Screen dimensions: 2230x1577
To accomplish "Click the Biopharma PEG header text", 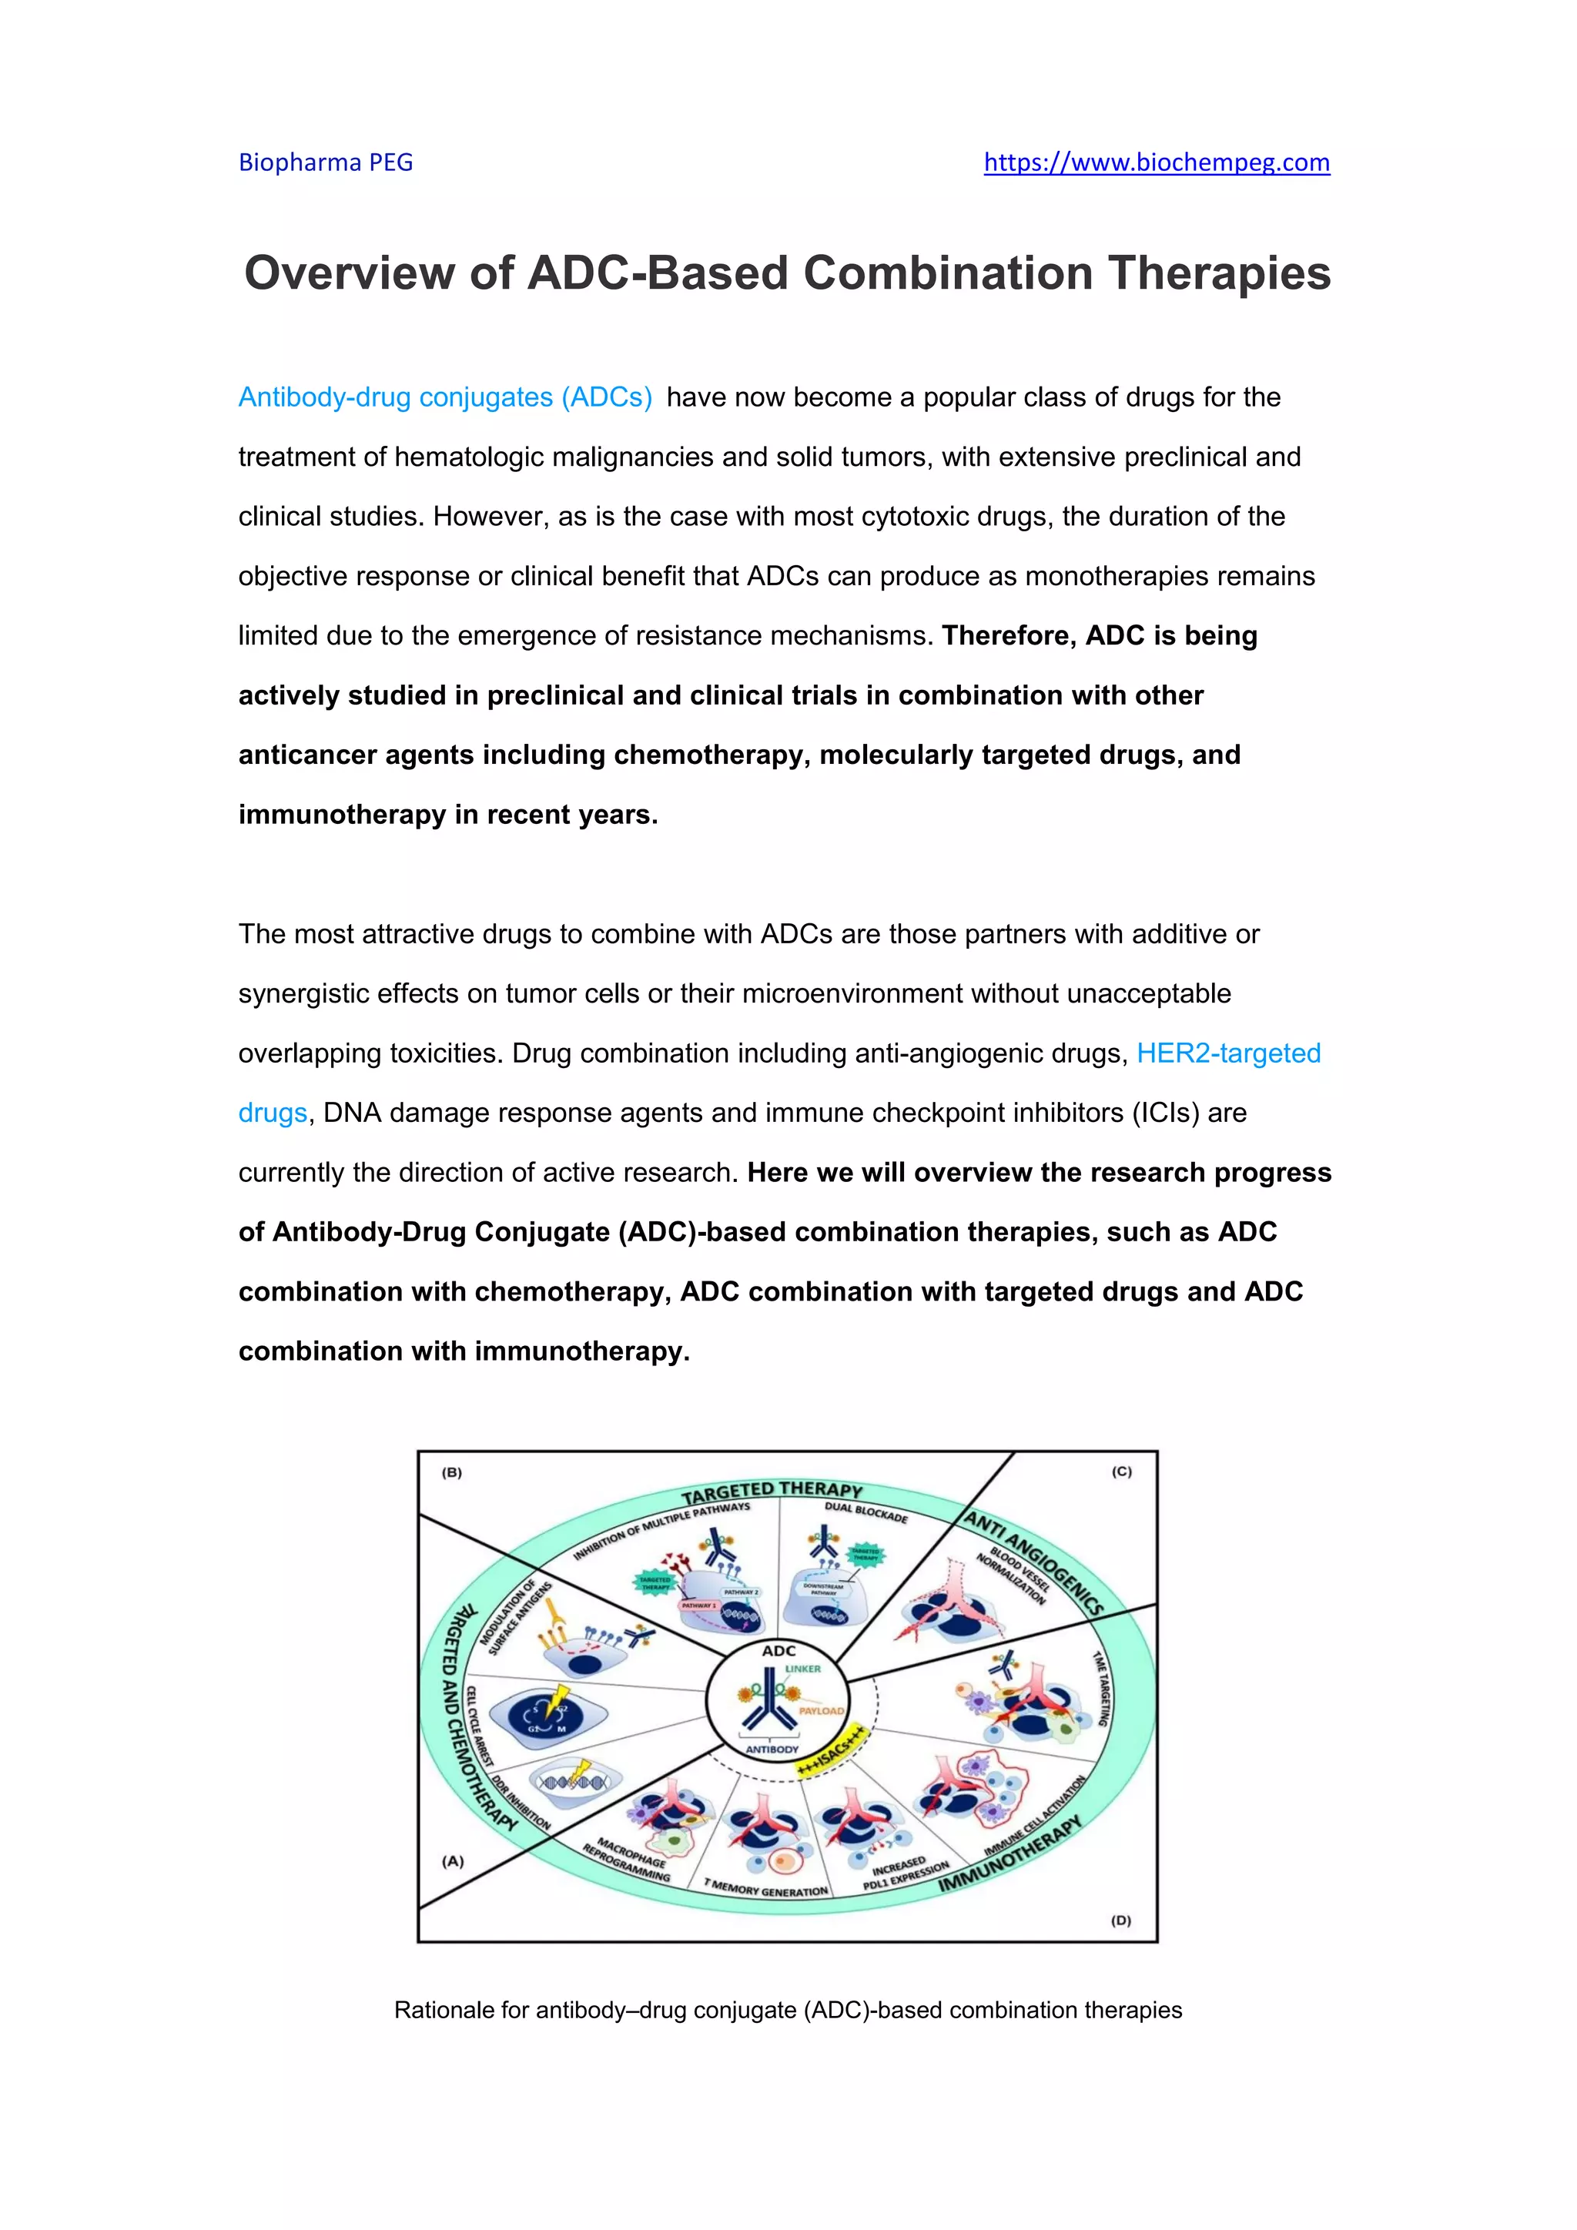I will (x=325, y=162).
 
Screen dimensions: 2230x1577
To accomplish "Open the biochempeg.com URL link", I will (x=1156, y=162).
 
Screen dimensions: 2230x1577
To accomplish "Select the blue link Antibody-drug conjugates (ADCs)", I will (x=445, y=397).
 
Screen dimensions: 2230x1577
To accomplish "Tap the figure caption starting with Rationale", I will (x=788, y=2010).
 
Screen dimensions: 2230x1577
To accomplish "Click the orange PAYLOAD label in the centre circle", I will (x=821, y=1710).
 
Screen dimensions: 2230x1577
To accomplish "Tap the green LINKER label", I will (x=803, y=1669).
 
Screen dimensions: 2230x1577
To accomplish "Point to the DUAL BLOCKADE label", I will (x=866, y=1512).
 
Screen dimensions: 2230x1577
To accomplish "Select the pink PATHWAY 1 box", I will (x=698, y=1606).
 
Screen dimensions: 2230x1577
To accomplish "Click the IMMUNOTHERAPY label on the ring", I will (x=1010, y=1854).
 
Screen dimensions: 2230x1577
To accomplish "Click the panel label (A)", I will (x=453, y=1861).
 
